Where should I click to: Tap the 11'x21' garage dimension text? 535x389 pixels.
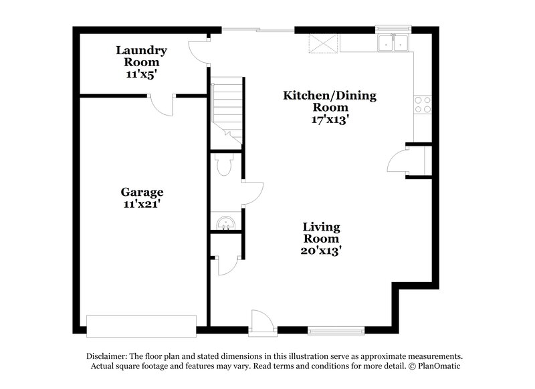pos(141,205)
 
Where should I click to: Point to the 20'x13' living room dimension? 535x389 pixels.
pos(322,251)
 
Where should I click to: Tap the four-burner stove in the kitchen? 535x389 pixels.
pos(422,104)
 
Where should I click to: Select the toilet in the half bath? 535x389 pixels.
pos(224,164)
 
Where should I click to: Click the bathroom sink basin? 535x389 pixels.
pos(224,223)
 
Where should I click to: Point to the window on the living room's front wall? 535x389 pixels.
pos(338,330)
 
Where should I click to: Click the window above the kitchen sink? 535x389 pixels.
pos(393,29)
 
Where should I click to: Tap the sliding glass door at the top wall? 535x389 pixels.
pos(258,29)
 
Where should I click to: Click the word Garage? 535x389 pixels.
pos(141,192)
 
